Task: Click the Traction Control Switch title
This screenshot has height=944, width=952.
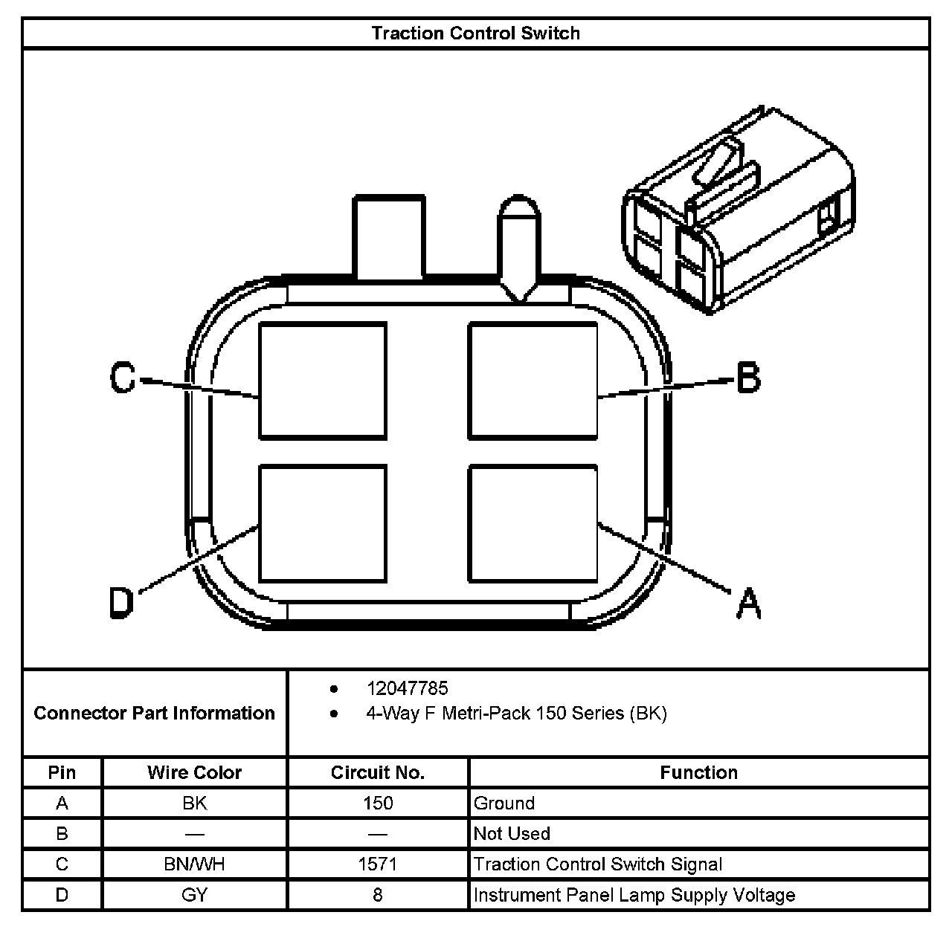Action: [x=475, y=33]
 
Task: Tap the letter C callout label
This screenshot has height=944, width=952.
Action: [x=123, y=378]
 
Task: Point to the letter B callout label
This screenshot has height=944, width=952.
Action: [x=748, y=378]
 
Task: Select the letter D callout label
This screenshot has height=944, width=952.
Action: [x=121, y=602]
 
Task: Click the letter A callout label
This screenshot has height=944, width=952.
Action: [x=748, y=602]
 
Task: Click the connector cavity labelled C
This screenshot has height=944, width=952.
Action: [x=323, y=381]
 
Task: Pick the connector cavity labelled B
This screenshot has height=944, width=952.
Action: [x=533, y=381]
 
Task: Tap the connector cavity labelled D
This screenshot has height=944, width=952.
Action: [x=323, y=523]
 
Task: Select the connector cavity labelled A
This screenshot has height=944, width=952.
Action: [x=533, y=523]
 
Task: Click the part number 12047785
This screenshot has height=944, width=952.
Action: [x=407, y=688]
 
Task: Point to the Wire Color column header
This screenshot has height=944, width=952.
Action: [x=194, y=772]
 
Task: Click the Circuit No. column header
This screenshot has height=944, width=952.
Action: [x=377, y=772]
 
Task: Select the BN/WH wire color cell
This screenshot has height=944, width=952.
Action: [x=194, y=864]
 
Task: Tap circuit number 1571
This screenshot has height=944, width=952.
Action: [x=377, y=864]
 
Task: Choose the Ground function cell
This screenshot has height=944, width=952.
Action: [x=504, y=804]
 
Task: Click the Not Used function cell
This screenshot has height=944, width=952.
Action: [x=512, y=834]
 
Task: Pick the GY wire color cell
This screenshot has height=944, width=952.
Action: [x=194, y=895]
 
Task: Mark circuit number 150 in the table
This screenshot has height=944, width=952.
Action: [x=377, y=804]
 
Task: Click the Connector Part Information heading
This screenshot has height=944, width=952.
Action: [x=155, y=714]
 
